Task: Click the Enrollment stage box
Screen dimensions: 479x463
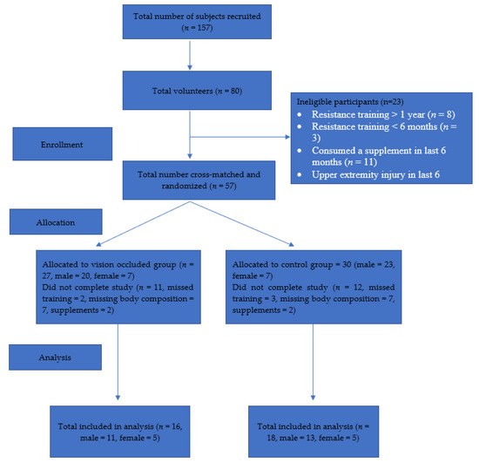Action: point(63,144)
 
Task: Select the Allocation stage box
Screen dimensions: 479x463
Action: point(56,221)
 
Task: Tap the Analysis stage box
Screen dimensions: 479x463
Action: point(55,357)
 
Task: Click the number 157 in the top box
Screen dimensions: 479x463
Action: point(204,28)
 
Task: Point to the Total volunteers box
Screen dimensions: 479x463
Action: point(197,90)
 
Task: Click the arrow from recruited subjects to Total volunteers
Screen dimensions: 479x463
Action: point(190,55)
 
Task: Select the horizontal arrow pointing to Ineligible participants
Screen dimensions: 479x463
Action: point(239,137)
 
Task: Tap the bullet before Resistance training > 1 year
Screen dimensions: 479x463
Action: point(300,115)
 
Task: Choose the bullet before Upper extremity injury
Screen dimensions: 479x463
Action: point(300,175)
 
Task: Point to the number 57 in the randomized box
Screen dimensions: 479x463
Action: point(229,186)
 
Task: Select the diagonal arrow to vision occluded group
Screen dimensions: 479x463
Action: point(143,223)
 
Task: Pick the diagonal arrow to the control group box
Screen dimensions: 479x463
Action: point(242,223)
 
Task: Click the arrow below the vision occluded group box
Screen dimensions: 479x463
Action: point(118,362)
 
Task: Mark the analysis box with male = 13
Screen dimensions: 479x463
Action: point(314,432)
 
